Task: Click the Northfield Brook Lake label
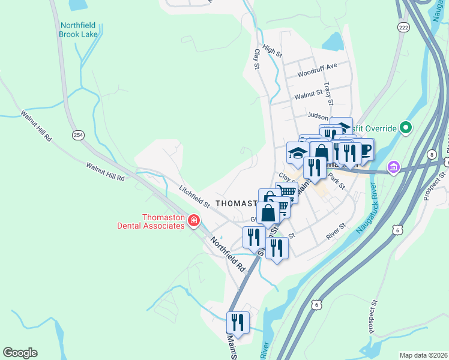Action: click(79, 29)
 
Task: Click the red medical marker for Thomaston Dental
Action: click(193, 221)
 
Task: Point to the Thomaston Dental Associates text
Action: click(163, 221)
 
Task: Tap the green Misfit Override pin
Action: click(406, 128)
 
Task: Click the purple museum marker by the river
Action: click(394, 166)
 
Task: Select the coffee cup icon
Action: click(364, 149)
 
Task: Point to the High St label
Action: click(272, 53)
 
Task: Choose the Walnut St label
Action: click(309, 96)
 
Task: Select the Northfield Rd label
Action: click(228, 253)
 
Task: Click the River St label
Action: click(336, 233)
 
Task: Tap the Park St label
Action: click(336, 182)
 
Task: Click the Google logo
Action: click(20, 353)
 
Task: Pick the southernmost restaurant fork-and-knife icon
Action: click(238, 322)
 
